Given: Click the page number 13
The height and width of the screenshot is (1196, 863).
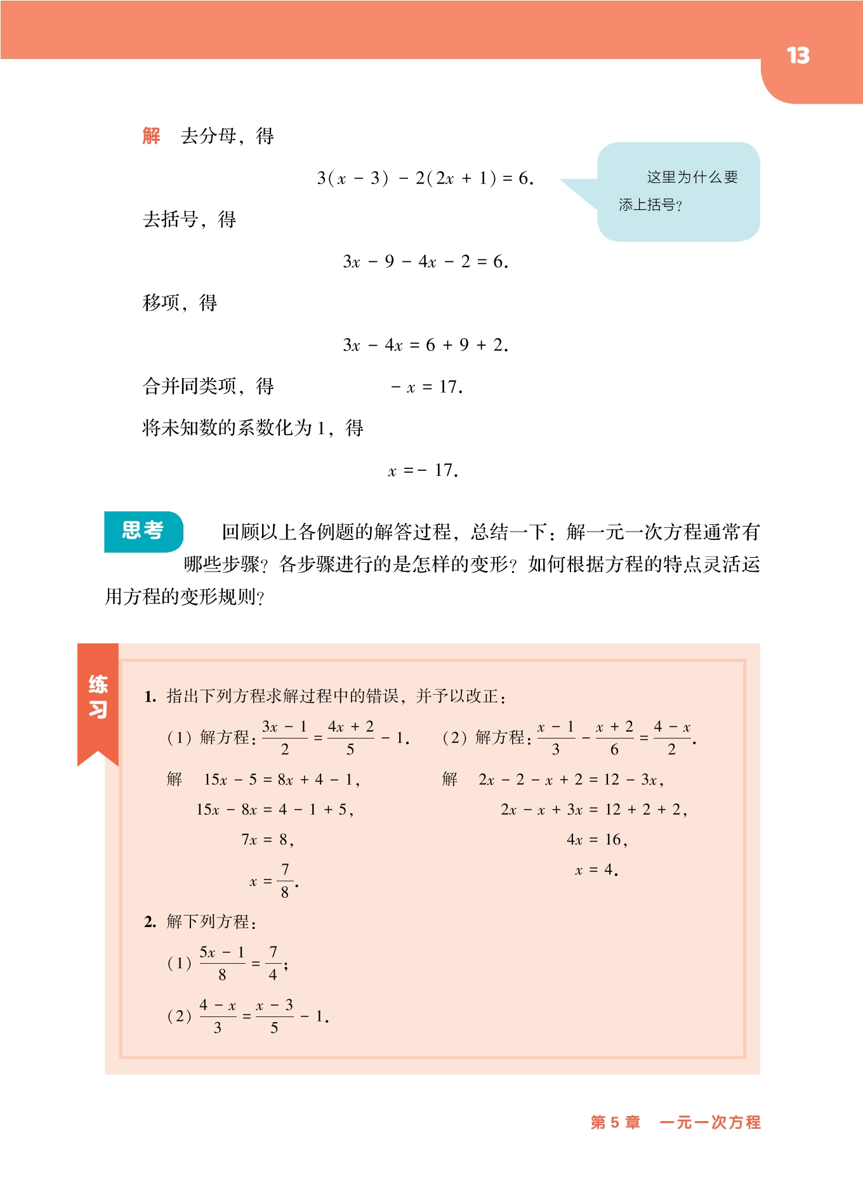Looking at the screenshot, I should tap(798, 56).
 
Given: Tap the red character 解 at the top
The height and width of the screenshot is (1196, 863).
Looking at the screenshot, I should tap(152, 136).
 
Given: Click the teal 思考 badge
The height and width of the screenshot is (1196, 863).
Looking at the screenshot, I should tap(143, 530).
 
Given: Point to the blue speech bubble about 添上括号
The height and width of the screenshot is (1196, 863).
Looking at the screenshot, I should tap(678, 191).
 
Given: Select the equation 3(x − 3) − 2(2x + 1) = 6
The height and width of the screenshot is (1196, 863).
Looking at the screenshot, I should tap(425, 178).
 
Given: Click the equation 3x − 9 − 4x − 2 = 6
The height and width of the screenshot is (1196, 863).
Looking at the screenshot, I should tap(425, 261).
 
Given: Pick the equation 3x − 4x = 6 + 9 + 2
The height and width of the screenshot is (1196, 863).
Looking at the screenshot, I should tap(425, 345).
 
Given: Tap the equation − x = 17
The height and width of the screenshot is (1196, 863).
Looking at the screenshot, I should tap(426, 387).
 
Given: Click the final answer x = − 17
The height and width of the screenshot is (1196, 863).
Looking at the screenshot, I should tap(423, 471).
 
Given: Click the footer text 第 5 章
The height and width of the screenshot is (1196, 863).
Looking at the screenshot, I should tap(615, 1122).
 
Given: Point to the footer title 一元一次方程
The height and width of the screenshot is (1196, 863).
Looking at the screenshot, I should tap(709, 1122).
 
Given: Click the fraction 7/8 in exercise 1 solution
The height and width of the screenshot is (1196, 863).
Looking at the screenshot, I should tap(285, 881).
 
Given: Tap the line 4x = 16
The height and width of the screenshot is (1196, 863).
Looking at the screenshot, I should tap(596, 840).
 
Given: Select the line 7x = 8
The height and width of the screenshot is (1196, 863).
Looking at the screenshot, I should tap(267, 840).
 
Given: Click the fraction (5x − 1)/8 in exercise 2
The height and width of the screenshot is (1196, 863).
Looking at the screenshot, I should tap(222, 963).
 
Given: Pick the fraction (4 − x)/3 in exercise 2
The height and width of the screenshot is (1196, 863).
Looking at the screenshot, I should tap(218, 1016).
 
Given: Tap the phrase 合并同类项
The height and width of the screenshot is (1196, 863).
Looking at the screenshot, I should tap(190, 386).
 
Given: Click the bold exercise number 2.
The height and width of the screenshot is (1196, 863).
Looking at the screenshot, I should tap(150, 922).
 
